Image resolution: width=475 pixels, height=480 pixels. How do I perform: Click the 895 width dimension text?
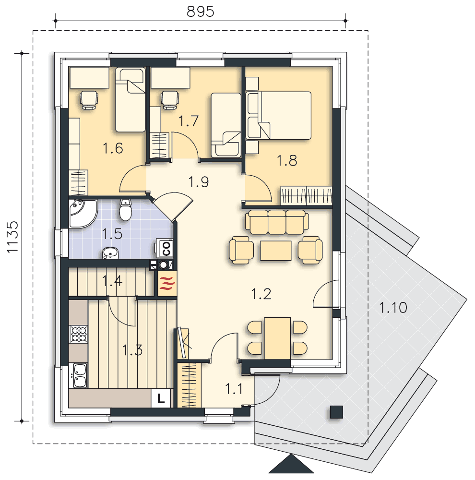(x=200, y=12)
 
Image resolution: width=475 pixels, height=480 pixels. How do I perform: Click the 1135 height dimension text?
(x=13, y=237)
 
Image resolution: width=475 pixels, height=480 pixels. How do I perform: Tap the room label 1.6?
(x=113, y=148)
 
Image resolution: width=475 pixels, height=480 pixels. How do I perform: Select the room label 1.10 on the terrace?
(x=393, y=307)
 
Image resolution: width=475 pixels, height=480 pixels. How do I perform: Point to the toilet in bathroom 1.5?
(x=126, y=210)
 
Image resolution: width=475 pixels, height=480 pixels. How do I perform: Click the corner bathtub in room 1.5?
(x=83, y=214)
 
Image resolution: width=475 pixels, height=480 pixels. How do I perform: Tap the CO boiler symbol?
(x=165, y=248)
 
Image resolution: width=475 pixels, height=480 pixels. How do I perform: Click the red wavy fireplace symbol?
(x=167, y=284)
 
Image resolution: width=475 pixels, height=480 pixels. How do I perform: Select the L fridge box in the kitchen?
(x=161, y=398)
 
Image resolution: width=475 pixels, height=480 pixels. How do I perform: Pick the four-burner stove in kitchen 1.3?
(x=79, y=334)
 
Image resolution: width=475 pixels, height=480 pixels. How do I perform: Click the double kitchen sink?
(x=79, y=375)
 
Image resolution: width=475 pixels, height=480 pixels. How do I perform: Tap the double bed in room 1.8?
(x=278, y=115)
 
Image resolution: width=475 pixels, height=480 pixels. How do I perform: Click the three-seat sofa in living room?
(x=277, y=222)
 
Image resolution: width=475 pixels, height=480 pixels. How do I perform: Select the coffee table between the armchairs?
(x=276, y=251)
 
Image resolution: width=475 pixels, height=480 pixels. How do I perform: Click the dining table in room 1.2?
(x=277, y=338)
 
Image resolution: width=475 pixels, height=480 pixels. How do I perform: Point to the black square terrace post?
(x=336, y=412)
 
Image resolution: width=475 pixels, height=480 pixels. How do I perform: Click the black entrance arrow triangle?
(x=291, y=464)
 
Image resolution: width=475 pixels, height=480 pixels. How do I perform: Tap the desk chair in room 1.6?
(x=89, y=100)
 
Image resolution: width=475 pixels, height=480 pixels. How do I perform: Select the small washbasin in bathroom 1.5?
(x=110, y=253)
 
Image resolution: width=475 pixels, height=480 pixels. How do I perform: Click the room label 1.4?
(x=112, y=281)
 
